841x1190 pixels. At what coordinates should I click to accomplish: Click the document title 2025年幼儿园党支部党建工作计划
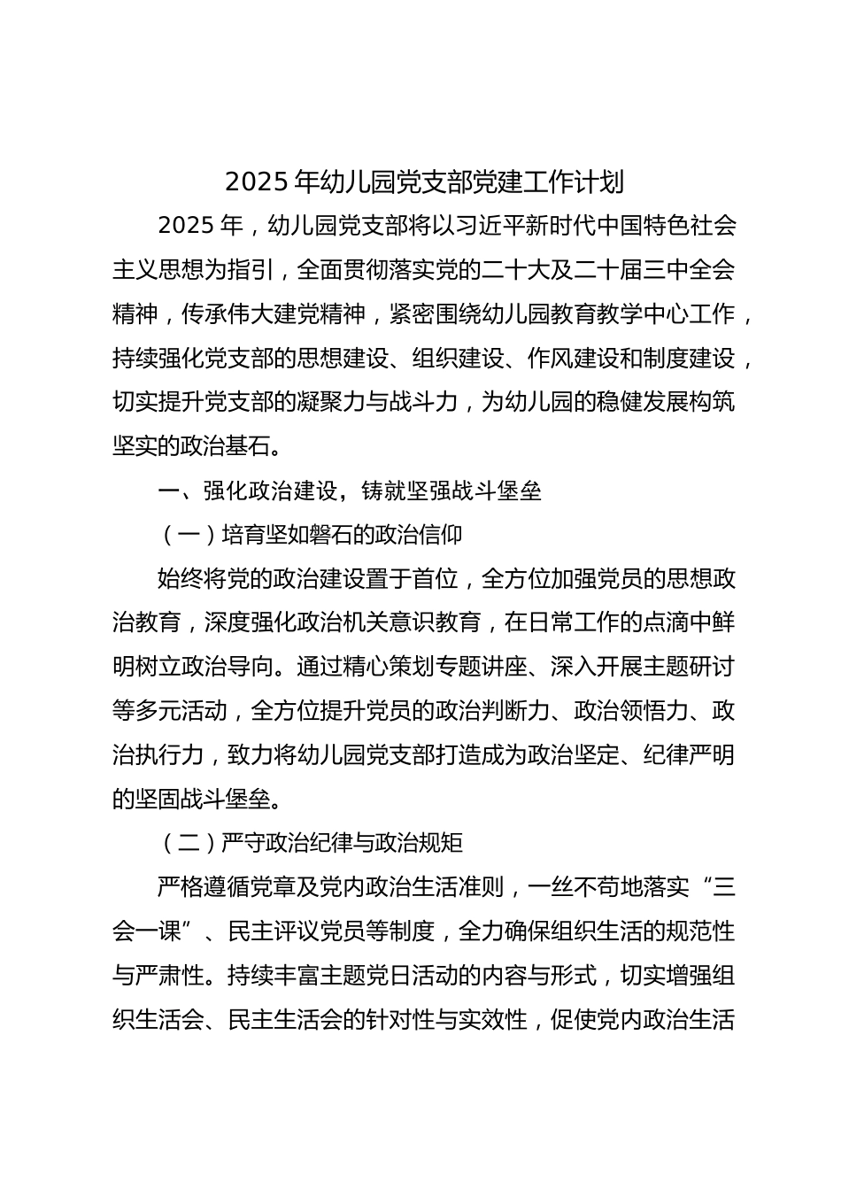424,182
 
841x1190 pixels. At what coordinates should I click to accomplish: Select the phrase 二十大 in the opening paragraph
523,269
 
